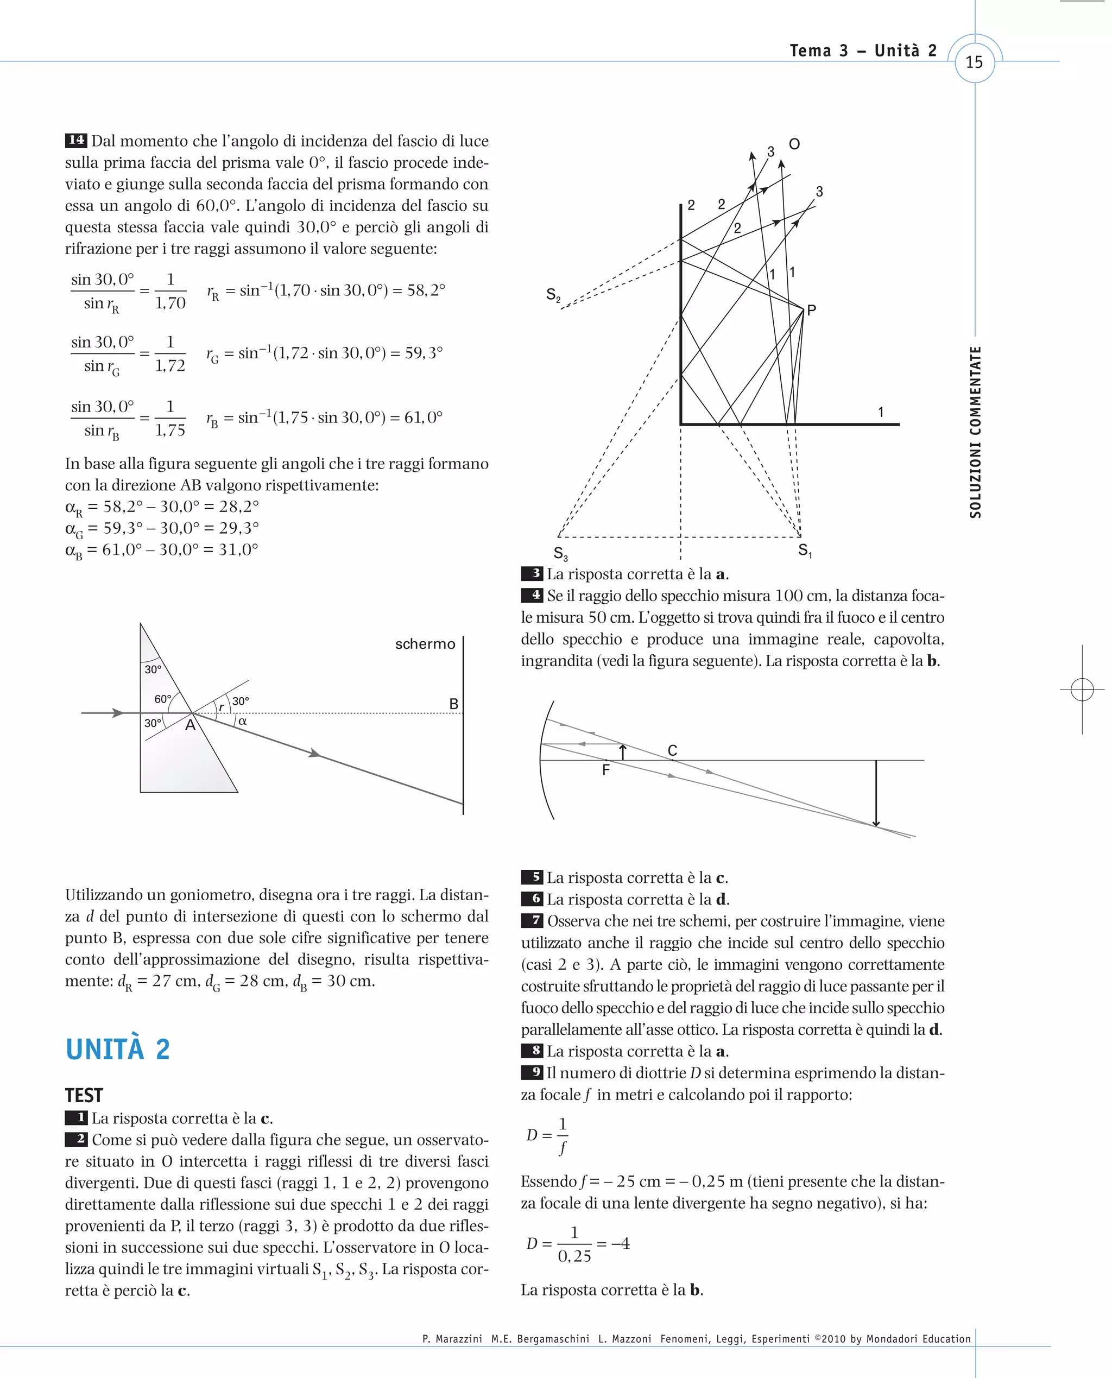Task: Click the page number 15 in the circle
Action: pyautogui.click(x=974, y=62)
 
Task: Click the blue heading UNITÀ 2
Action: pyautogui.click(x=118, y=1050)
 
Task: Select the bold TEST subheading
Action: pyautogui.click(x=84, y=1095)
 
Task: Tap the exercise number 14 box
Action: pyautogui.click(x=75, y=140)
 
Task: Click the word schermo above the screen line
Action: pyautogui.click(x=425, y=644)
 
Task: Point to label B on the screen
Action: pyautogui.click(x=453, y=704)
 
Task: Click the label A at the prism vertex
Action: pyautogui.click(x=190, y=725)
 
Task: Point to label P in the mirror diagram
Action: pyautogui.click(x=812, y=310)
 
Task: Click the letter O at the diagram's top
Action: pyautogui.click(x=794, y=144)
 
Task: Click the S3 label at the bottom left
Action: pyautogui.click(x=560, y=553)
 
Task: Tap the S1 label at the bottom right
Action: pyautogui.click(x=805, y=551)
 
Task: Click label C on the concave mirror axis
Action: pyautogui.click(x=672, y=750)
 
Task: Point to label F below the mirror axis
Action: pyautogui.click(x=606, y=770)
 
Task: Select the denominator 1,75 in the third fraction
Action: pyautogui.click(x=170, y=431)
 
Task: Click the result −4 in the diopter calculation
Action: pyautogui.click(x=620, y=1243)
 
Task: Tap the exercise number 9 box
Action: pyautogui.click(x=532, y=1072)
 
